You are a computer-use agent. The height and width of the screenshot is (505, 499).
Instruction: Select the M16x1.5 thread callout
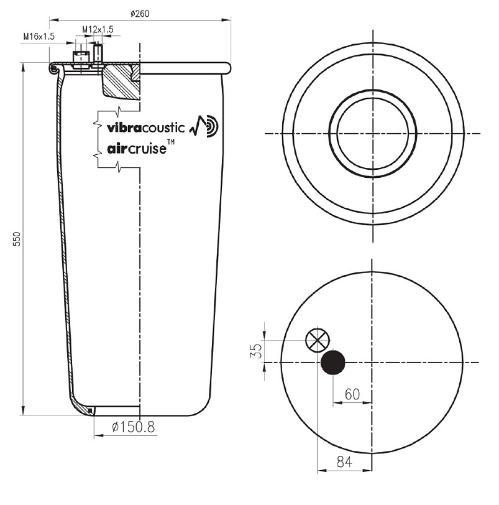coord(39,37)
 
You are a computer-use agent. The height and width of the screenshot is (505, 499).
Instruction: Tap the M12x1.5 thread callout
coord(98,29)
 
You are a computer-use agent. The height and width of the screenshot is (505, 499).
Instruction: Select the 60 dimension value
coord(352,394)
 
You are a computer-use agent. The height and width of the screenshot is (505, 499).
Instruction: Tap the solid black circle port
coord(333,362)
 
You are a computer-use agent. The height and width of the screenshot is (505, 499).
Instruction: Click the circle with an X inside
coord(318,340)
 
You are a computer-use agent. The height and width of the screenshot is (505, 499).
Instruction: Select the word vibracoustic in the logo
coord(146,128)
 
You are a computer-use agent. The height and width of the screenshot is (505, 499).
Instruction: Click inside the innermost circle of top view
coord(372,134)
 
